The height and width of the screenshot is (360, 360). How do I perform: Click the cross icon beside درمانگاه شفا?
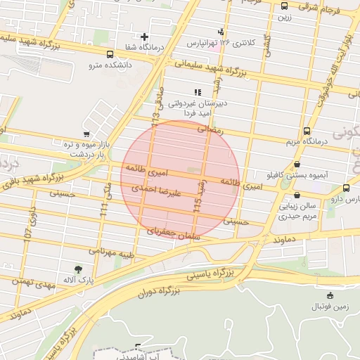pos(145,37)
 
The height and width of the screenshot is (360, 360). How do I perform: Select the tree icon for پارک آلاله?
pos(77,269)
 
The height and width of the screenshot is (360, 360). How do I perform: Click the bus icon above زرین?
pos(284,6)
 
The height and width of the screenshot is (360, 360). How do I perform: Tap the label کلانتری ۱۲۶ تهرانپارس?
pos(221,43)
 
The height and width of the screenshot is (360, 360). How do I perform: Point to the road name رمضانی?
pos(209,129)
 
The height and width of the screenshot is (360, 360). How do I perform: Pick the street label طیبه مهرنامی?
pos(111,251)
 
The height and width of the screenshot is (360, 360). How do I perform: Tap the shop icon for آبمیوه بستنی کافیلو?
pos(297,164)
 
